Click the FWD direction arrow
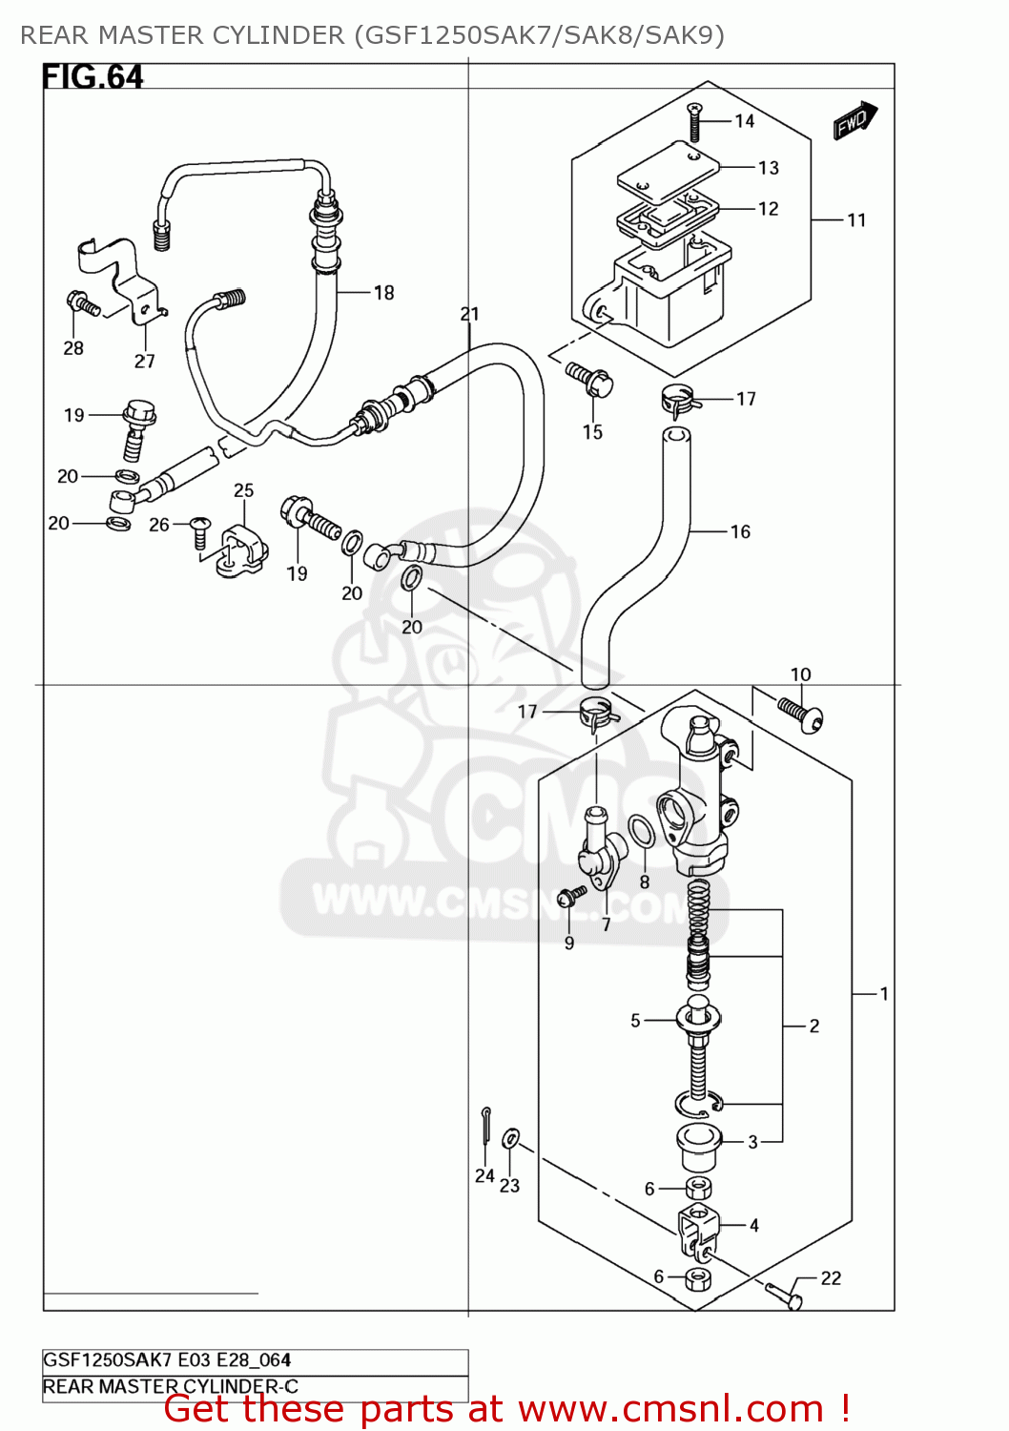coord(855,121)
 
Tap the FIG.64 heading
coord(93,77)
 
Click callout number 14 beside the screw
coord(744,121)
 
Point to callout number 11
coord(856,220)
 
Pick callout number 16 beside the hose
coord(740,531)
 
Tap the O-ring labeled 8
coord(643,830)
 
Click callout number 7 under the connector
coord(606,923)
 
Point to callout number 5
coord(635,1021)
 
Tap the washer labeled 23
coord(510,1137)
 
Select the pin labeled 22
coord(785,1295)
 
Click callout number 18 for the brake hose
coord(383,293)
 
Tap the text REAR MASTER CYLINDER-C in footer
coord(171,1386)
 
